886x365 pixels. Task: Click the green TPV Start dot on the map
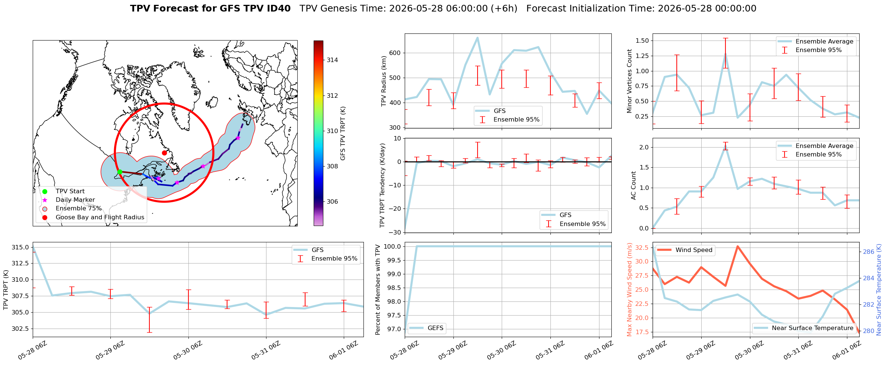(120, 172)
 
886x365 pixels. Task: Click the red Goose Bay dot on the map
(164, 153)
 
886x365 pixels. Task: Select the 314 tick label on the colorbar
(332, 60)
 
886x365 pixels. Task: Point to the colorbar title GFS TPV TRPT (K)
(343, 133)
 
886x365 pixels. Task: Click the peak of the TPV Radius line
(478, 38)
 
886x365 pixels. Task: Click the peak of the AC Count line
(725, 148)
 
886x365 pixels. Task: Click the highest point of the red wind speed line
(738, 246)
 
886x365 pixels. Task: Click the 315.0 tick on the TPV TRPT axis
(20, 247)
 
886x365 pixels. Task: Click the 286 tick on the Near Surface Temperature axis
(869, 252)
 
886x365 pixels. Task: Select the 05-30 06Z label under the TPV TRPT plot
(188, 350)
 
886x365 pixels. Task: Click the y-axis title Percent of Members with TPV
(378, 290)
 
